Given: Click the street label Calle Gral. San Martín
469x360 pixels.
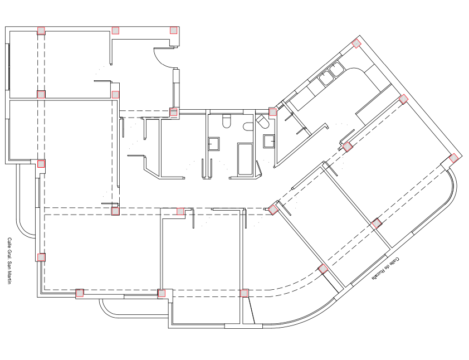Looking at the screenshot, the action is [9, 261].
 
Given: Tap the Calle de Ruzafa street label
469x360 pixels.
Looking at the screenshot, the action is [385, 269].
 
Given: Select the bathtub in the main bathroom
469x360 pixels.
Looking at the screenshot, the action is [245, 159].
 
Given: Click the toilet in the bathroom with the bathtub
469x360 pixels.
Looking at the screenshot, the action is [227, 121].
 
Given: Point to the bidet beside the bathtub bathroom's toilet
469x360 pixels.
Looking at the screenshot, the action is [248, 127].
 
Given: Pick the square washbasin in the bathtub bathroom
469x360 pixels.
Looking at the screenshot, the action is [213, 144].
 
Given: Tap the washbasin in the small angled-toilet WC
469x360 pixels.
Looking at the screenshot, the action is [269, 141].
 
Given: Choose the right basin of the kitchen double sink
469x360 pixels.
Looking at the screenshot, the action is [336, 69].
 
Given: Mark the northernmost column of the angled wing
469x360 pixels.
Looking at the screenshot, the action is [356, 43].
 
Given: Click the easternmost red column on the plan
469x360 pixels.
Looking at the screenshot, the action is [453, 158].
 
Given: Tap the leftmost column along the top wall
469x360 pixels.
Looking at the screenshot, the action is [41, 31].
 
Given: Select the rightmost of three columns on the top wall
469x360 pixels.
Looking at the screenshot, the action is [173, 30].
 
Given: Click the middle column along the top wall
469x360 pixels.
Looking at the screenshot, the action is [115, 31].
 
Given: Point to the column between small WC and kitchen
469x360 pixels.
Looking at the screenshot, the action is [272, 112].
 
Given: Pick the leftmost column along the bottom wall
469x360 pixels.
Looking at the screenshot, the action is [80, 293].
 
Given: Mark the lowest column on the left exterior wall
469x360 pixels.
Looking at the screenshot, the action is [41, 257].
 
